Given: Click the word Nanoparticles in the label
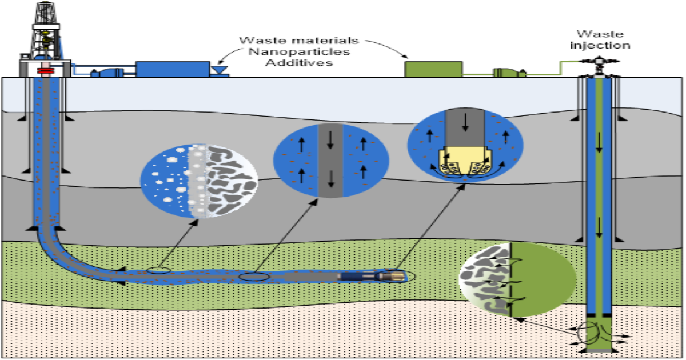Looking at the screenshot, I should click(299, 51).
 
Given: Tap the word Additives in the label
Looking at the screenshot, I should click(298, 62).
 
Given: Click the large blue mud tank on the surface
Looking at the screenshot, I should click(171, 69).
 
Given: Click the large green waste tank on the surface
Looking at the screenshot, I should click(433, 69).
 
